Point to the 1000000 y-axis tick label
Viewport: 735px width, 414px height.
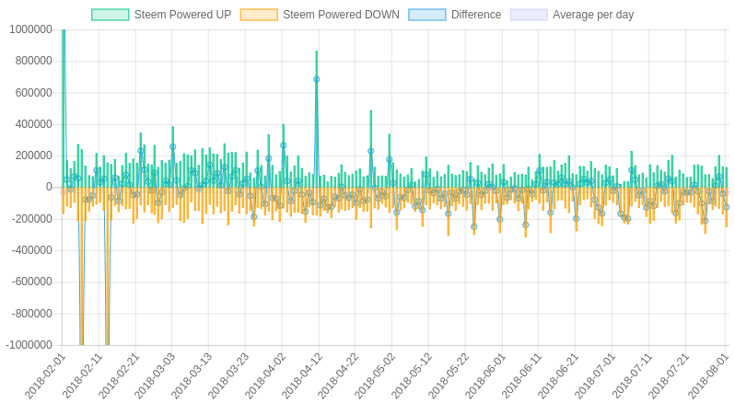pos(30,29)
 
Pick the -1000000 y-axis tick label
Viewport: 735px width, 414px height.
pos(29,346)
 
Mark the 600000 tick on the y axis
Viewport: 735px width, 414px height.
pos(33,93)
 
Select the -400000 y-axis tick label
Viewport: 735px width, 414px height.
pos(31,251)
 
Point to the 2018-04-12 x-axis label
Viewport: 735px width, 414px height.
pos(303,375)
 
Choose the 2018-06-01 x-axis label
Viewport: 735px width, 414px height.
pos(486,375)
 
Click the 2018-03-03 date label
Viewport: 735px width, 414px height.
pos(156,375)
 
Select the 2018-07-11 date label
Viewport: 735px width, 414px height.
pos(633,375)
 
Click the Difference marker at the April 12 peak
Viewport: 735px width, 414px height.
pos(317,79)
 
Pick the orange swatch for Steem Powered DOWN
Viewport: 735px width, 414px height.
pos(259,15)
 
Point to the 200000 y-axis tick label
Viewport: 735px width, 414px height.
pos(33,156)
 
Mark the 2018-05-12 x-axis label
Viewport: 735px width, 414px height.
pos(413,375)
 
